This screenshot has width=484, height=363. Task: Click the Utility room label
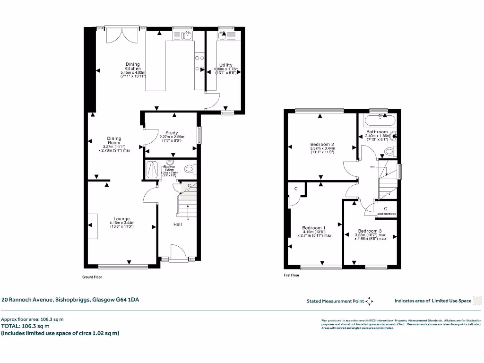point(225,65)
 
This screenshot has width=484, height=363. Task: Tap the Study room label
point(171,133)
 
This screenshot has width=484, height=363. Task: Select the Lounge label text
point(121,219)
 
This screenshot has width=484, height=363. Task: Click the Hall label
point(177,224)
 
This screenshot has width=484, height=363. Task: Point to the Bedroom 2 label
point(322,144)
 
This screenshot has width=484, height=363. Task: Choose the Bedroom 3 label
point(370,231)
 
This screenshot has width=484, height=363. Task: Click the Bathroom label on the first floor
point(377,132)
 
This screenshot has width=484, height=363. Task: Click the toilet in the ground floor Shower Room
point(190,169)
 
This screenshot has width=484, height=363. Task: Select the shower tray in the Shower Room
point(152,169)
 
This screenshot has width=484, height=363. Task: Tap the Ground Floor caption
point(92,277)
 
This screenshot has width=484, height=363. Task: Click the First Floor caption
point(292,275)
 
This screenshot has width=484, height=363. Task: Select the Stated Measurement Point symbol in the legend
point(369,301)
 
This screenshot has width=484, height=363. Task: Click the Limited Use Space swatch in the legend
point(478,301)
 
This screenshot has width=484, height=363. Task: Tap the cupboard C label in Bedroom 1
point(296,189)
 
